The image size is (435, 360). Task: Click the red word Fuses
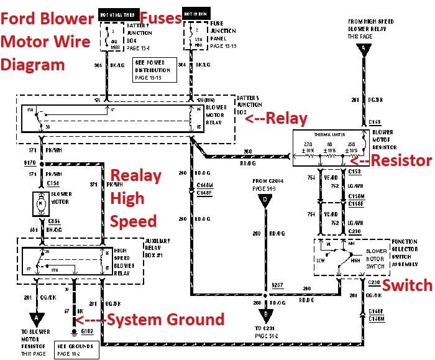pos(160,17)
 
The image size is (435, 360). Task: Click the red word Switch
pos(406,285)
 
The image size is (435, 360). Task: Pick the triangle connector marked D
pos(266,201)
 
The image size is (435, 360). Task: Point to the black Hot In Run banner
pos(193,12)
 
